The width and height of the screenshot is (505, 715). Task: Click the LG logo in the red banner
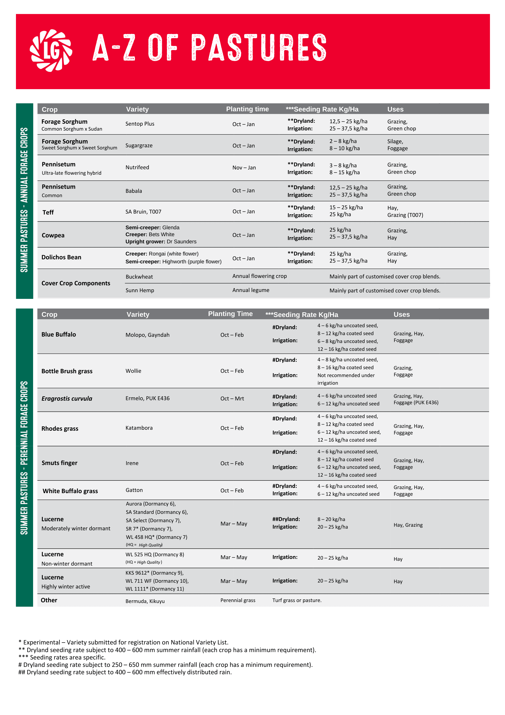51,51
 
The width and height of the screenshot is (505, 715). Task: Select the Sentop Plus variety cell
140,124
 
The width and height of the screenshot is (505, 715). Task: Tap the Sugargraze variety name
139,146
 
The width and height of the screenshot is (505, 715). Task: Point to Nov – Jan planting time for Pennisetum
244,168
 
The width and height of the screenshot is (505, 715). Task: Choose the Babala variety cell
134,191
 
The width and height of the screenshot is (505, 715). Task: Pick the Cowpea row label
53,235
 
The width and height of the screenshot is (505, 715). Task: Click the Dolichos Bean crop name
61,257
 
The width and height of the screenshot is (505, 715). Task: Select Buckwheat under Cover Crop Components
139,277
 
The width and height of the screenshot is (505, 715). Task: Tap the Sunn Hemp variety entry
140,291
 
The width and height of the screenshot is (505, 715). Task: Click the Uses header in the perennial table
401,315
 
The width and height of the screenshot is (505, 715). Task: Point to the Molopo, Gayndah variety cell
147,335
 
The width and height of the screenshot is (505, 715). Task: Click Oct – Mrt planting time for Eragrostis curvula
232,398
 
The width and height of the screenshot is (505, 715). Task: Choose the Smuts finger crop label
60,463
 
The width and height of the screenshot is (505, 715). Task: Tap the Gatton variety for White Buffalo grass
134,490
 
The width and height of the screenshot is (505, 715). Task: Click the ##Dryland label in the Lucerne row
286,519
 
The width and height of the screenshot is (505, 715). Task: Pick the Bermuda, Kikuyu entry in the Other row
145,601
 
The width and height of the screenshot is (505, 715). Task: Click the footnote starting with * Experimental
124,643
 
